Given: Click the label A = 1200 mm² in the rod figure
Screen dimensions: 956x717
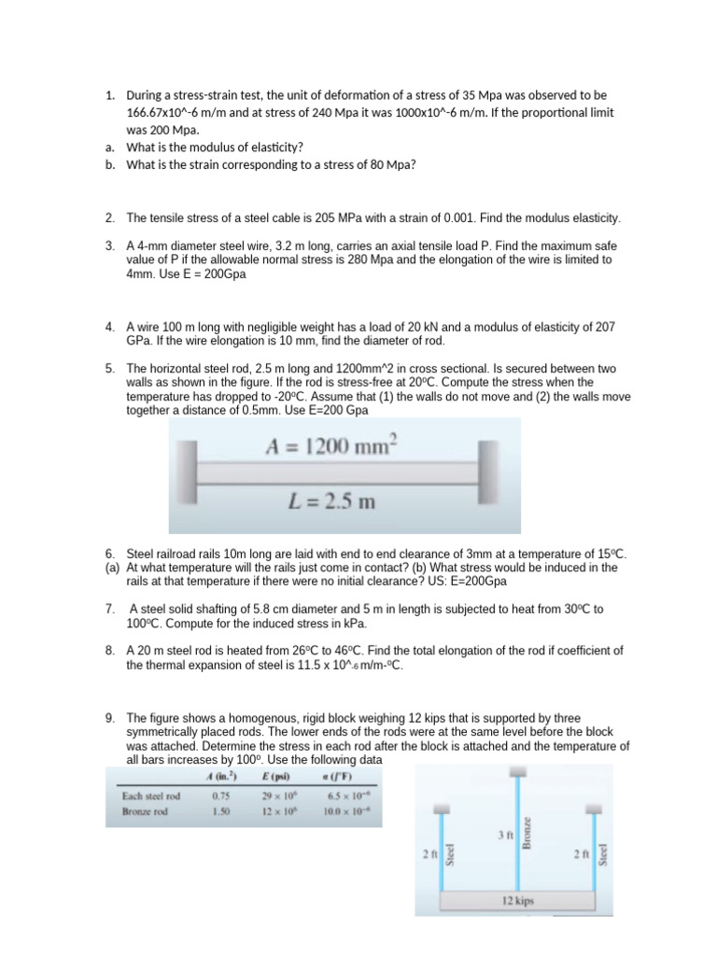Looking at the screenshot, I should (330, 447).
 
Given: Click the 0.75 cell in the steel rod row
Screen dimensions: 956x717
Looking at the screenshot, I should (220, 796).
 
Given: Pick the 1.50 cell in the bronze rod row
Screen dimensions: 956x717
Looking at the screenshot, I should (220, 812).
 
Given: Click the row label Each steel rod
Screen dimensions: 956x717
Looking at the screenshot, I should (150, 796).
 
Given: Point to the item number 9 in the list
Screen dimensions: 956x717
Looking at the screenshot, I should (109, 718).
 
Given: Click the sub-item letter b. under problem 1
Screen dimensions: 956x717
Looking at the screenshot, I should (109, 165).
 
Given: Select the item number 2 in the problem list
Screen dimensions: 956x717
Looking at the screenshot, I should (109, 218).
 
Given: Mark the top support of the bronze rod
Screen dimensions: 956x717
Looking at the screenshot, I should (515, 772).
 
